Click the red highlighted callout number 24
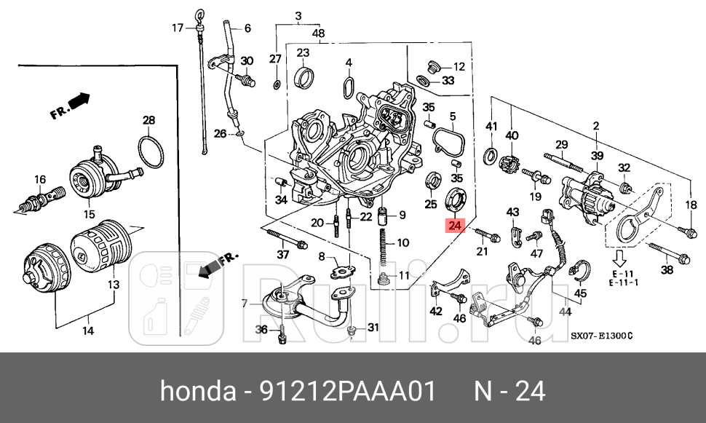455,226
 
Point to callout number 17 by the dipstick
178,28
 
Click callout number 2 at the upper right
595,126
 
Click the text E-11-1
623,282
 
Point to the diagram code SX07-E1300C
602,336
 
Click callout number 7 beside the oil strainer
245,303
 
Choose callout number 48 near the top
318,33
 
